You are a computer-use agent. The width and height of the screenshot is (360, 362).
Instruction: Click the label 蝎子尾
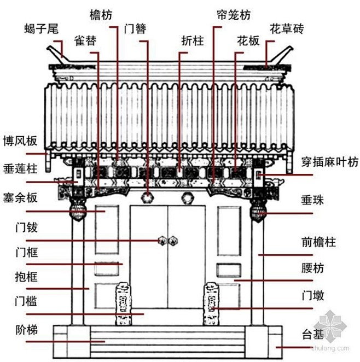(42, 28)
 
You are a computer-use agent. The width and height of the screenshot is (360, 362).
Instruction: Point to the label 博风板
(20, 141)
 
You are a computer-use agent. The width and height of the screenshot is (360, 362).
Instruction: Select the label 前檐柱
(318, 241)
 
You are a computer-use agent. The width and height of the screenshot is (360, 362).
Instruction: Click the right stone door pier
(212, 303)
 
